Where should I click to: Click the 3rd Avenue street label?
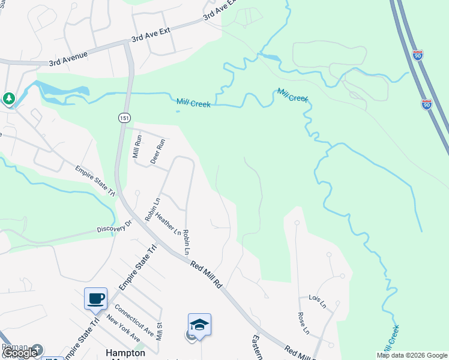point(68,58)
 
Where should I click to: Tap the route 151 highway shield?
point(123,117)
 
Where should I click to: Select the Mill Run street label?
point(137,146)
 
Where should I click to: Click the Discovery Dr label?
point(114,228)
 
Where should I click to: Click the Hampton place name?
point(125,353)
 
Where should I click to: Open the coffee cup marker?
point(95,298)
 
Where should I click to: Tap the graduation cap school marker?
point(199,325)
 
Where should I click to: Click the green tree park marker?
point(8,98)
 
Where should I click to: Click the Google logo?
point(20,353)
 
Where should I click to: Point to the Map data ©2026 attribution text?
point(412,355)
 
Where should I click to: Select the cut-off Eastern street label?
point(258,347)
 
